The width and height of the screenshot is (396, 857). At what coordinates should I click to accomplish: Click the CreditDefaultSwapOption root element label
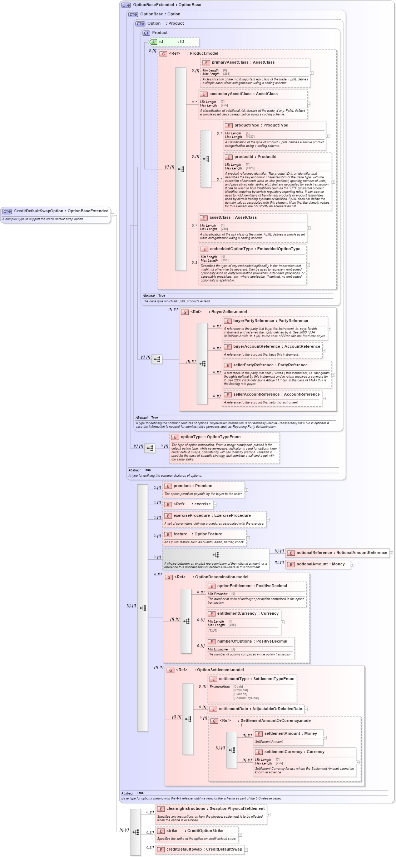(x=61, y=211)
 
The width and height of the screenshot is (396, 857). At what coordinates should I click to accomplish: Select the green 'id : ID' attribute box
(x=174, y=42)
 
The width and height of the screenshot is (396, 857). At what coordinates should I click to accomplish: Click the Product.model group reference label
(x=193, y=53)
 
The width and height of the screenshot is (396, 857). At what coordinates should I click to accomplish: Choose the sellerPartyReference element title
(x=270, y=365)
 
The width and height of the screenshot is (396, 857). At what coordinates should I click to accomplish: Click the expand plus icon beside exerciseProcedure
(x=268, y=520)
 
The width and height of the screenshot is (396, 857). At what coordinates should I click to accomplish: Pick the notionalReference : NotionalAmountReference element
(x=341, y=553)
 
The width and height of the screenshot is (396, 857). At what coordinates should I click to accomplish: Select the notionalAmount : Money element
(x=320, y=564)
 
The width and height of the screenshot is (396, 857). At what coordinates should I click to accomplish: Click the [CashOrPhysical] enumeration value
(x=246, y=698)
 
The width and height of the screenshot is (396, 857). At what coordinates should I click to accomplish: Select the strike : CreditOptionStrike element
(x=194, y=831)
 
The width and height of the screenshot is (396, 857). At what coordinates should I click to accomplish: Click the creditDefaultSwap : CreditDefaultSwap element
(x=204, y=849)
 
